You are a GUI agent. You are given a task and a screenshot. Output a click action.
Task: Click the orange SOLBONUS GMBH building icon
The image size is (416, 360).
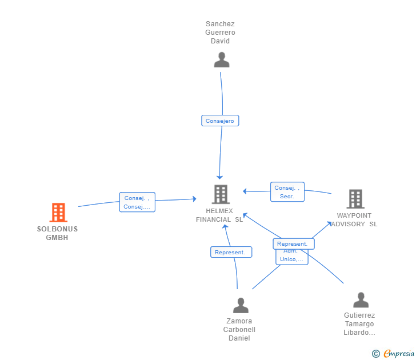click(x=58, y=213)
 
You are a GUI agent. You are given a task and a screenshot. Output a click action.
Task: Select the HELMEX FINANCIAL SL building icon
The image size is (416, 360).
click(x=221, y=194)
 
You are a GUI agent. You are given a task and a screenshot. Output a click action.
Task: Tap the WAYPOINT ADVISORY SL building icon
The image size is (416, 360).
click(x=355, y=199)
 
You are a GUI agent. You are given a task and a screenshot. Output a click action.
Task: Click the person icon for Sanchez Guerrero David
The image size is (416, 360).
click(x=221, y=60)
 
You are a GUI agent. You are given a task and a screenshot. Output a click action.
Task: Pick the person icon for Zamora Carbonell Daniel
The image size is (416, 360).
click(x=241, y=306)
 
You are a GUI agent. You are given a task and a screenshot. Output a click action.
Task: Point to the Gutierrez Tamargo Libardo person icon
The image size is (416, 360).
click(x=361, y=300)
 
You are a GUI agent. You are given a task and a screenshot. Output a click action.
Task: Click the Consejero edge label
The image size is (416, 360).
click(x=220, y=121)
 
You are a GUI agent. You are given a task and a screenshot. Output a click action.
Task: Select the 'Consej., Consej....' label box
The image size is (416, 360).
click(x=137, y=202)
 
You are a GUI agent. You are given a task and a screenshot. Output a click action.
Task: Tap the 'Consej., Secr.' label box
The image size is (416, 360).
click(x=287, y=192)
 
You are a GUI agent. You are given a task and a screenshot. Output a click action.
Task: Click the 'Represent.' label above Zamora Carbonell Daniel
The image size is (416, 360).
click(x=231, y=252)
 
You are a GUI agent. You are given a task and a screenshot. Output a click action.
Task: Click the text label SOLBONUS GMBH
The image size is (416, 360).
click(x=57, y=233)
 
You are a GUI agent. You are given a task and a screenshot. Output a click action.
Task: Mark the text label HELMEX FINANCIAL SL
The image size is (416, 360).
click(x=219, y=215)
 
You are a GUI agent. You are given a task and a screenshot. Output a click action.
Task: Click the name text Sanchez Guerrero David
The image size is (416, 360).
click(x=221, y=33)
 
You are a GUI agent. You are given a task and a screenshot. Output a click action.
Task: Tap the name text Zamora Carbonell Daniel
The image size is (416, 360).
click(x=239, y=330)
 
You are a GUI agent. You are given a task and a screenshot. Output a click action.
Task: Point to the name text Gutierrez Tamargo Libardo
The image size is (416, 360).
click(x=359, y=324)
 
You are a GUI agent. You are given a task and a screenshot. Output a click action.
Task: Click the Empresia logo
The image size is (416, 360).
click(x=394, y=354)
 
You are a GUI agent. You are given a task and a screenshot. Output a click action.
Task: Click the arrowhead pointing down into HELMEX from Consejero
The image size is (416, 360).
click(x=219, y=178)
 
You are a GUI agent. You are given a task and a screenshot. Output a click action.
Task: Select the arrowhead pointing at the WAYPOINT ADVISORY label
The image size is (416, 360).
click(x=330, y=223)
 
